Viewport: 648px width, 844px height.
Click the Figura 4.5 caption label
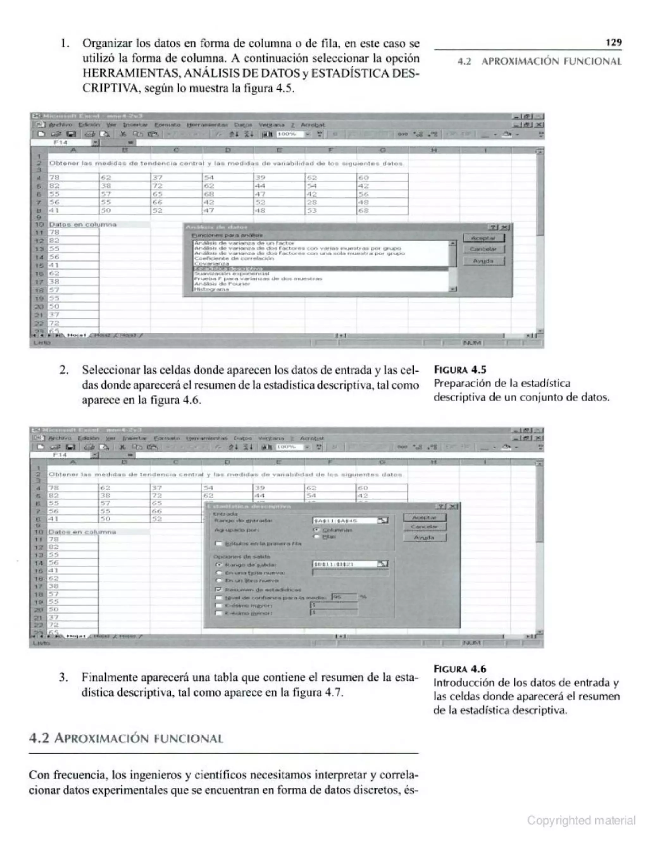tap(460, 370)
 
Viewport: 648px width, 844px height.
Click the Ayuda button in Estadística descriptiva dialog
tap(425, 537)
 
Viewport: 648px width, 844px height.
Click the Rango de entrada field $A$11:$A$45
tap(345, 521)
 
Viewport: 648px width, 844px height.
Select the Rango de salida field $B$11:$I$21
tap(345, 564)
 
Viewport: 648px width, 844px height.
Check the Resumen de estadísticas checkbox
tap(219, 590)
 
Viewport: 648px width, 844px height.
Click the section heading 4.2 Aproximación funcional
tap(126, 738)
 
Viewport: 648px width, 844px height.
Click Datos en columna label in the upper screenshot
tap(83, 224)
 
